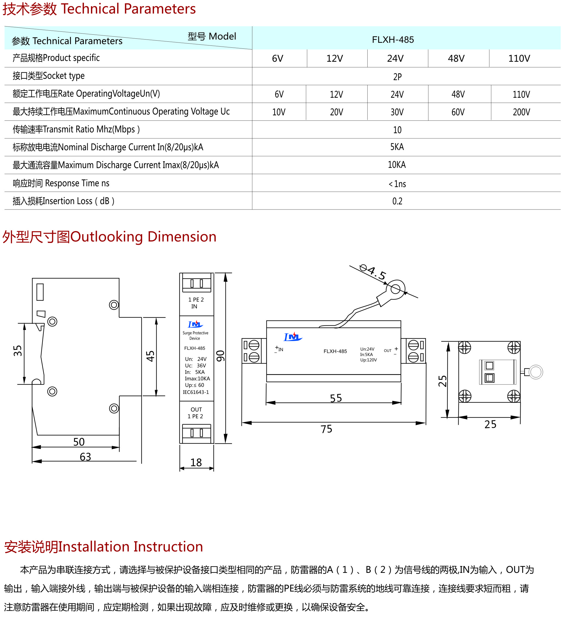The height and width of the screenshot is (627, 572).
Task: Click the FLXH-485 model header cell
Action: click(393, 40)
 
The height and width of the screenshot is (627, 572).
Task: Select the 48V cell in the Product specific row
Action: click(456, 58)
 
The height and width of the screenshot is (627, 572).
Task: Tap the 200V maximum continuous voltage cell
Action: click(521, 112)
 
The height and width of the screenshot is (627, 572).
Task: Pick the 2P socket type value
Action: click(397, 77)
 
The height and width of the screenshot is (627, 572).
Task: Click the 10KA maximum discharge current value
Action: click(397, 165)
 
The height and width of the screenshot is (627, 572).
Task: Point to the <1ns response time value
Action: click(397, 184)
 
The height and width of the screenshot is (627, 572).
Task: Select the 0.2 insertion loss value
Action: click(397, 201)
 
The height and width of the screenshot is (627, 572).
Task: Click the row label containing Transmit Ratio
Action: click(76, 129)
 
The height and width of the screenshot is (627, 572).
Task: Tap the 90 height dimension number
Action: click(220, 356)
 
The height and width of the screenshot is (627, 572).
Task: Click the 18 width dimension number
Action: click(196, 462)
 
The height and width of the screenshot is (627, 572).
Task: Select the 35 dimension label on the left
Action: click(17, 351)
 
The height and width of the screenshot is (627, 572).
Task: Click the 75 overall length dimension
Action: click(326, 429)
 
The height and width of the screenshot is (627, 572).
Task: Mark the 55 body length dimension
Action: click(336, 398)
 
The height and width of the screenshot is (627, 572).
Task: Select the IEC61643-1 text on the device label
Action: click(196, 392)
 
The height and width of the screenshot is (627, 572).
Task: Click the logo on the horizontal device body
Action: click(293, 337)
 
